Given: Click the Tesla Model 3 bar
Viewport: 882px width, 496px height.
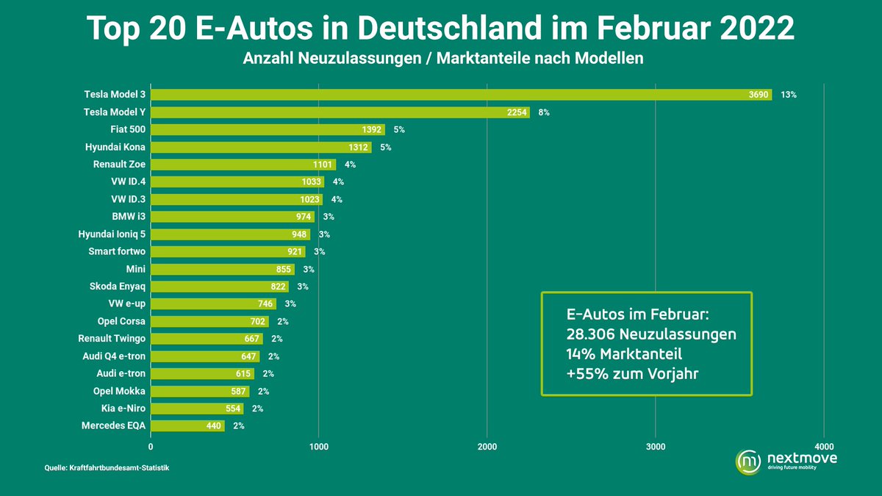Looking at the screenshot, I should coord(461,95).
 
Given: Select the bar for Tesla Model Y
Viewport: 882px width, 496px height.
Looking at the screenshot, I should coord(340,112).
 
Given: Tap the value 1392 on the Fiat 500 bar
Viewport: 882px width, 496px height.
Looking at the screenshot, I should coord(373,129).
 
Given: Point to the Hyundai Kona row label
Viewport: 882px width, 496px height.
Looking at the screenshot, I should coord(115,147).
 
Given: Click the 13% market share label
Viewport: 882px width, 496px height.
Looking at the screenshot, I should coord(789,95).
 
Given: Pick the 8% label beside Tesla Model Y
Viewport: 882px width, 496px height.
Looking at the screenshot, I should coord(544,112).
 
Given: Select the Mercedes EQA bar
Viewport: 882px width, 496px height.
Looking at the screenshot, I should coord(187,425).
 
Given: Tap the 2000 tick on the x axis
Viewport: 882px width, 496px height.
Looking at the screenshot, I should coord(487,446).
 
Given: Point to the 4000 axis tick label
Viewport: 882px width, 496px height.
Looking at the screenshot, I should coord(824,446).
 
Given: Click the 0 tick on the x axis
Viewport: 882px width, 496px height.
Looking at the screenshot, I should coord(151,446).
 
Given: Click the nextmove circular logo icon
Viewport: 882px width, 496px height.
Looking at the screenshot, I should coord(748,461).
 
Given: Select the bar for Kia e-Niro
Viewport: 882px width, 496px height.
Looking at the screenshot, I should coord(196,408).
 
